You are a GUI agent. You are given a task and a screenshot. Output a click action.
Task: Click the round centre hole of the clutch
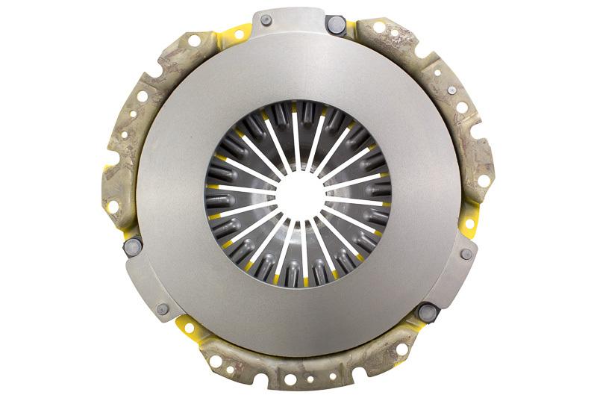[298, 196]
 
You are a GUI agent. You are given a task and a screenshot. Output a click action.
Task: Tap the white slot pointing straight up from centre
[298, 141]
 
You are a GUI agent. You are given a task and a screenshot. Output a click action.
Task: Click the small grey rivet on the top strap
[266, 20]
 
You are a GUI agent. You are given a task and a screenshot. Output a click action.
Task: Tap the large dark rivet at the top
[336, 24]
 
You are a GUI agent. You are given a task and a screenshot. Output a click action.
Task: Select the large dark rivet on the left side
[132, 246]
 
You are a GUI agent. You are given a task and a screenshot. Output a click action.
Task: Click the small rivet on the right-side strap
[466, 254]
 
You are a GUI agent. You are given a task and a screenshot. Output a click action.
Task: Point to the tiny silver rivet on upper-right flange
[451, 90]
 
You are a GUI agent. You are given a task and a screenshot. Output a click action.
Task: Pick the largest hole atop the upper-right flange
[380, 28]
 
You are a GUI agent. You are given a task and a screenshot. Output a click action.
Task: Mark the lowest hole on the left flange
[113, 206]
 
